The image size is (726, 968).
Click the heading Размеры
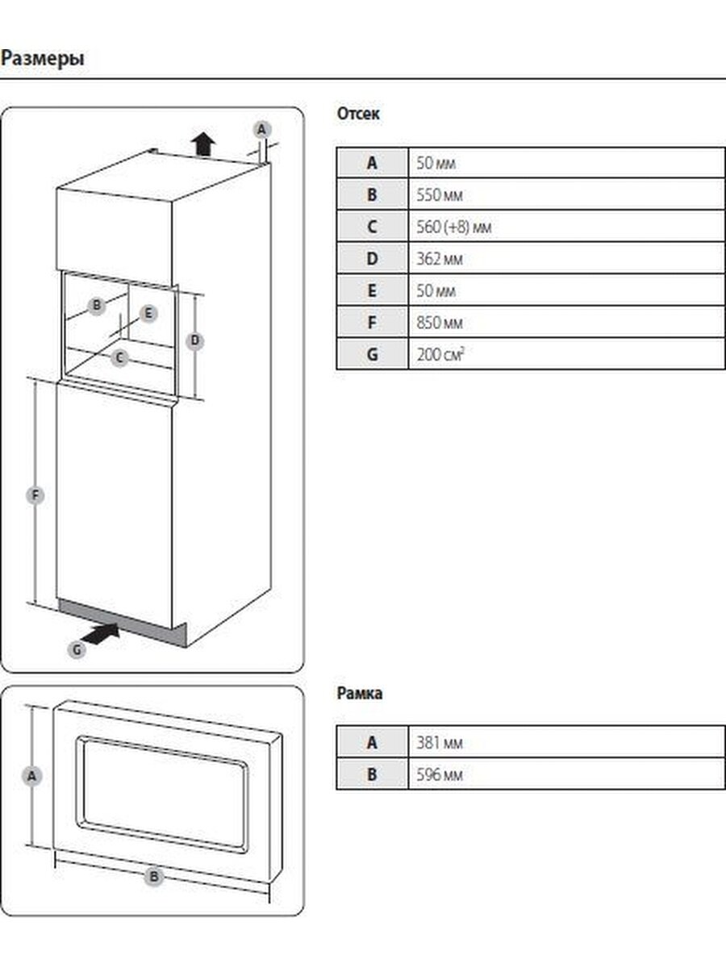click(42, 59)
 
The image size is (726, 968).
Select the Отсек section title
click(358, 114)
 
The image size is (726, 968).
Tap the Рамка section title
click(359, 693)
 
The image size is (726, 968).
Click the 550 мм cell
click(440, 195)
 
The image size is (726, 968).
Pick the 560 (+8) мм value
click(454, 227)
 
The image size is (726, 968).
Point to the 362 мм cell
click(440, 259)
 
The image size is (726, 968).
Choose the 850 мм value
click(440, 323)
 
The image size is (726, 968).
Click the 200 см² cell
click(440, 354)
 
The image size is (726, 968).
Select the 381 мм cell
click(440, 743)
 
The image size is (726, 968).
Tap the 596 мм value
click(440, 775)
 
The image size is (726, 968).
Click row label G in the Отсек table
click(372, 354)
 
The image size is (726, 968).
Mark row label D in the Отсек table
click(372, 259)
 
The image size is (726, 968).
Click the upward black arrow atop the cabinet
click(203, 144)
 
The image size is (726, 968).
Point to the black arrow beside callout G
click(101, 635)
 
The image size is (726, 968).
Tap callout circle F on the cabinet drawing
click(35, 495)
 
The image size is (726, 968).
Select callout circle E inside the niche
click(148, 314)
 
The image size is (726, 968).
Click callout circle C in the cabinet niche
click(119, 357)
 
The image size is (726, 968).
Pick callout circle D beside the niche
click(194, 340)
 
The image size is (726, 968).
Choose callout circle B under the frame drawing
click(154, 877)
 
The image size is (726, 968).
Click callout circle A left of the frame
click(31, 776)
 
